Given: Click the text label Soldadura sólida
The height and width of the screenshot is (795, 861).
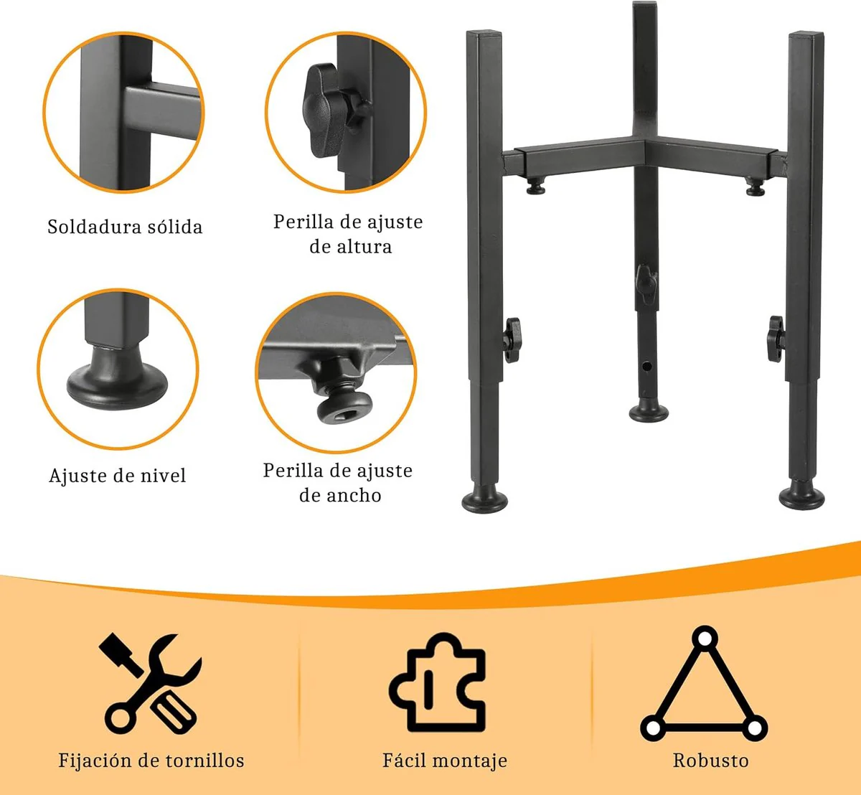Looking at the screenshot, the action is pos(125,227).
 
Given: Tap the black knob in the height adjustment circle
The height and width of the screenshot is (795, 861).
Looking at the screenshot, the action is pos(323,110).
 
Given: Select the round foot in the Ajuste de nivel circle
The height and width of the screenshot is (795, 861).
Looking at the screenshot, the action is pos(117,378).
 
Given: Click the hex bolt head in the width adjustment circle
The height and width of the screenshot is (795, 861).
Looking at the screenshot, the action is pos(344,407).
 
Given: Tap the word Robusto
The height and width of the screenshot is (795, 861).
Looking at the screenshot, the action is pos(710,761).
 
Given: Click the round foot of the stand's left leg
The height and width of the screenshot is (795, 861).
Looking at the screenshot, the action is pos(485,501).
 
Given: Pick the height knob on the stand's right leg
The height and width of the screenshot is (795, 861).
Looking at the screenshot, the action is pos(776,339).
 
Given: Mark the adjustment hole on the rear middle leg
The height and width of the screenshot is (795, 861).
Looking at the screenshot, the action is pos(647,367).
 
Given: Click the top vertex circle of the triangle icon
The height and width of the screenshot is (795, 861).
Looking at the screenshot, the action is pos(705,639).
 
